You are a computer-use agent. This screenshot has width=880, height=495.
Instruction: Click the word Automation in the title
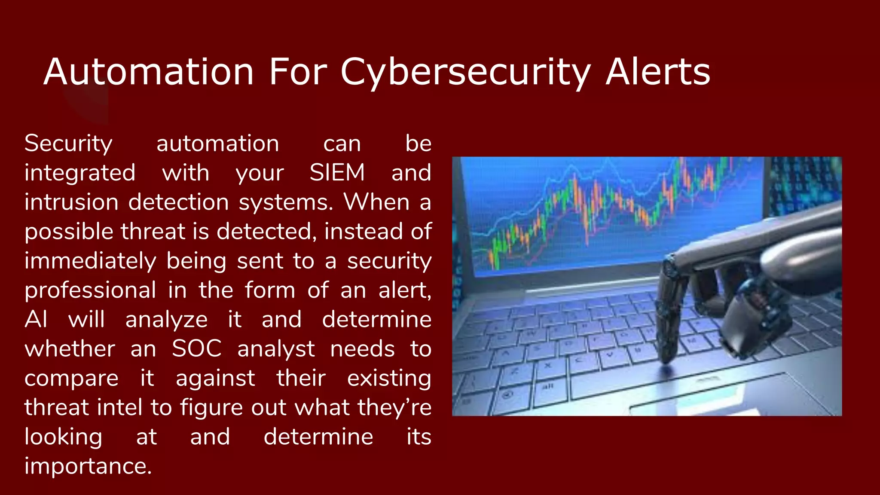tap(148, 72)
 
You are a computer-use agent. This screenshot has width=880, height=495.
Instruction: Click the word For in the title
tap(298, 72)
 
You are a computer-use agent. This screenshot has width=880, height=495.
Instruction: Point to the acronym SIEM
tap(337, 173)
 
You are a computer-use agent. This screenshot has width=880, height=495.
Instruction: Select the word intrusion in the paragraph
tap(71, 202)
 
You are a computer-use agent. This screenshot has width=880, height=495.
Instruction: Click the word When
tap(376, 202)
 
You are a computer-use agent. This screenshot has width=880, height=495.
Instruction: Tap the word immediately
tap(90, 261)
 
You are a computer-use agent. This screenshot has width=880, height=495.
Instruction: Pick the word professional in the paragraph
tap(90, 290)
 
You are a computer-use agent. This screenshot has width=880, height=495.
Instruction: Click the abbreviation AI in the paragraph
tap(36, 320)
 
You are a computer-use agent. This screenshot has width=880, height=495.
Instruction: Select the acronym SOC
tap(197, 349)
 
